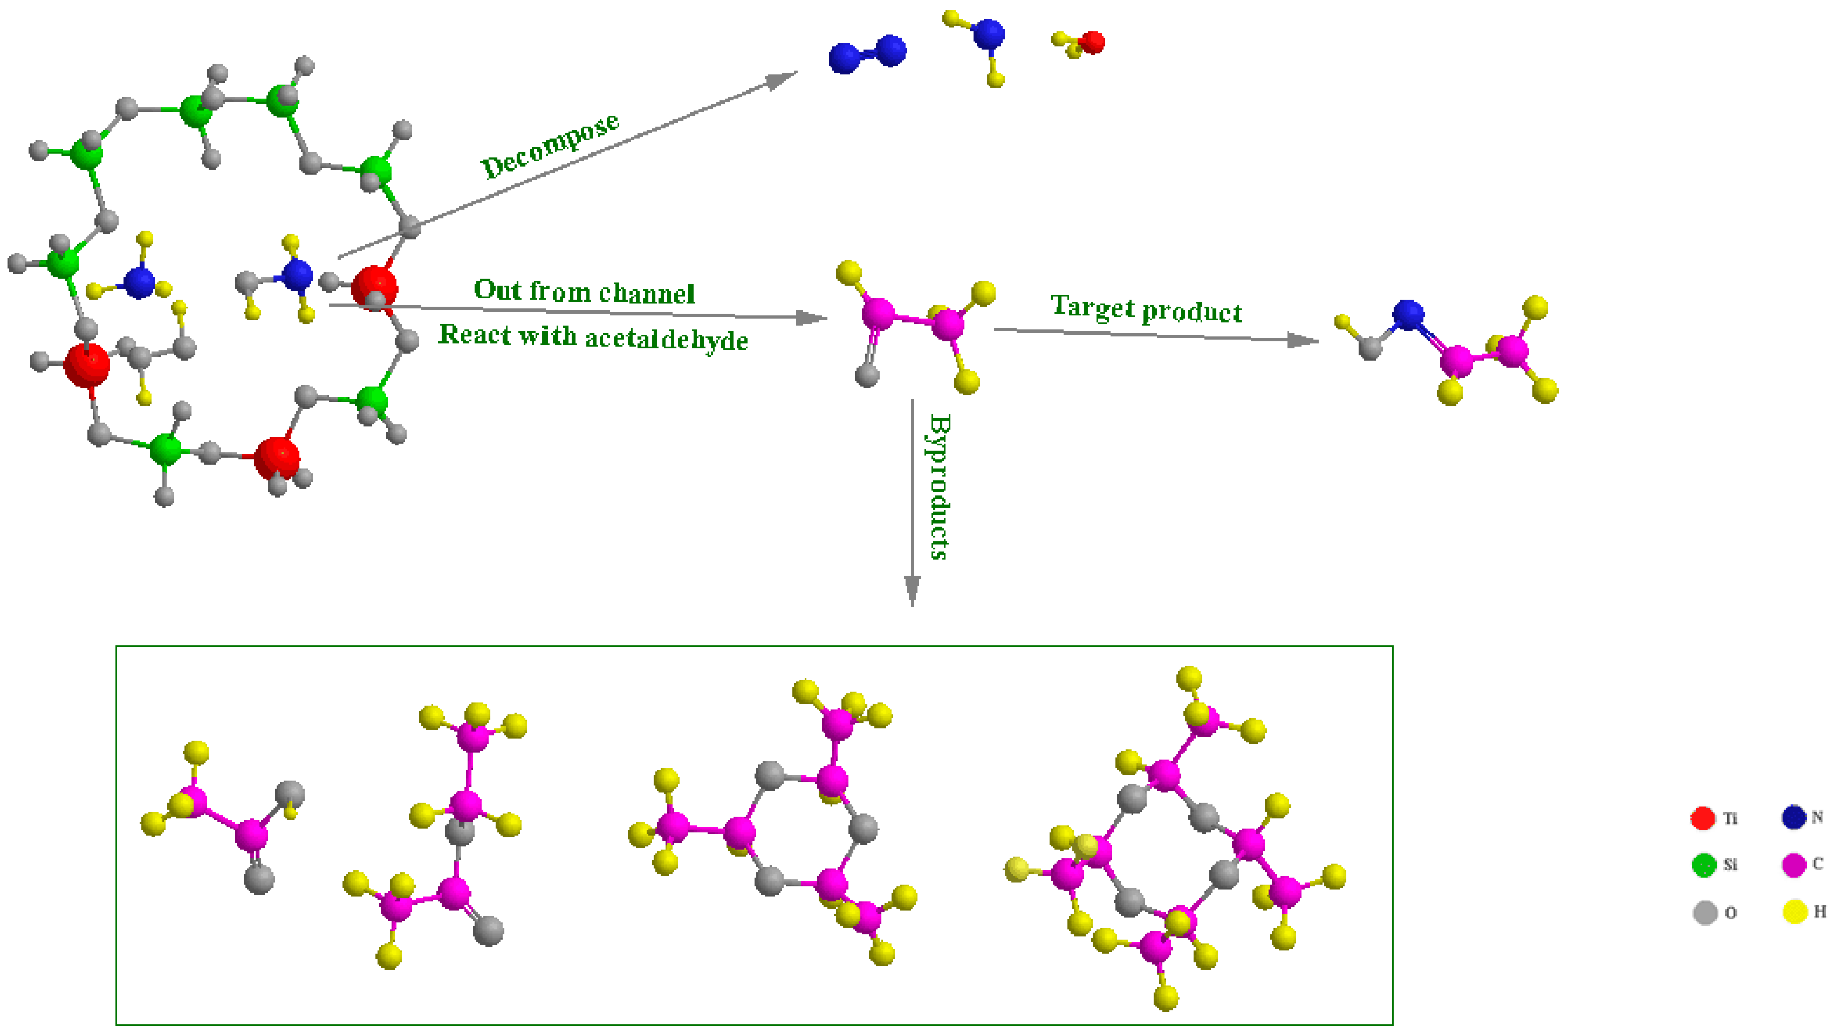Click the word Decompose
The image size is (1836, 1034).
[x=550, y=146]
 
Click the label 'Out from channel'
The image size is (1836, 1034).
[x=584, y=292]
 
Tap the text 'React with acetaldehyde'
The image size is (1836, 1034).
[x=592, y=336]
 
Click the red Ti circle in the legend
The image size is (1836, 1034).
[x=1702, y=818]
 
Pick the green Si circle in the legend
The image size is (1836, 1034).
[x=1703, y=864]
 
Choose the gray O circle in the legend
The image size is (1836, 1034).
[x=1704, y=912]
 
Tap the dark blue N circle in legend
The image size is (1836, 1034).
[x=1793, y=817]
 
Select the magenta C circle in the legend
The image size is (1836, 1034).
[x=1793, y=864]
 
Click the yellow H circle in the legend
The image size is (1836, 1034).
[x=1794, y=912]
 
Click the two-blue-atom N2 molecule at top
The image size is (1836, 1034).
[x=867, y=54]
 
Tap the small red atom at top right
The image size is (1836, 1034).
[x=1091, y=42]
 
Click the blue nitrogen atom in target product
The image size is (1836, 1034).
[x=1408, y=314]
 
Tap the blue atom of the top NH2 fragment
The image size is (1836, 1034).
[x=988, y=33]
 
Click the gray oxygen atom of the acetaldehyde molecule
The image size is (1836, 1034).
[x=867, y=375]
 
